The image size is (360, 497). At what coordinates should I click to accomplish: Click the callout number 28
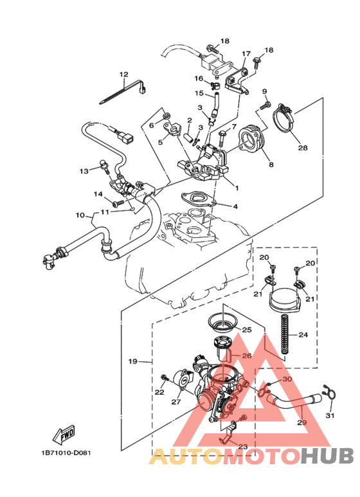click(x=302, y=147)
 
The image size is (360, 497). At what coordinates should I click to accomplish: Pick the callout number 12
click(x=123, y=74)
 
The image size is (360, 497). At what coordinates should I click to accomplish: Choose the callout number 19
click(x=133, y=362)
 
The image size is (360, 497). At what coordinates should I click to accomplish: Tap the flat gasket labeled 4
click(x=196, y=201)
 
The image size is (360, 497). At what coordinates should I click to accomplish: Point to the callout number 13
click(x=84, y=171)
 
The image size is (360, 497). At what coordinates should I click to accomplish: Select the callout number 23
click(x=242, y=447)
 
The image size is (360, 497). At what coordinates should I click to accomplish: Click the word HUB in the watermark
click(x=327, y=456)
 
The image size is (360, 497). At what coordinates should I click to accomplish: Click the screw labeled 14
click(x=118, y=203)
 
